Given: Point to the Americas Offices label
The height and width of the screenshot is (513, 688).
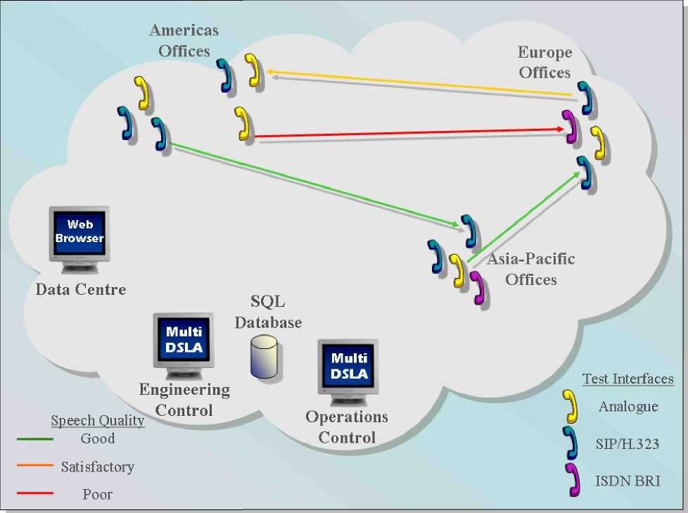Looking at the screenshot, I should click(x=184, y=40).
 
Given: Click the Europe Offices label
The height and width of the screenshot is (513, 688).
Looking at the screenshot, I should click(x=544, y=62).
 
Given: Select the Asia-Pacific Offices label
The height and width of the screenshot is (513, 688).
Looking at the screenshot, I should click(x=531, y=269).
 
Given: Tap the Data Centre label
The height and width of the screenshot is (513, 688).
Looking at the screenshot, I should click(x=81, y=289).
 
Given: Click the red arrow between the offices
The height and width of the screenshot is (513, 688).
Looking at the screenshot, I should click(x=408, y=132).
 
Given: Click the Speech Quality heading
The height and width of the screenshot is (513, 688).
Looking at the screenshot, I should click(x=98, y=421).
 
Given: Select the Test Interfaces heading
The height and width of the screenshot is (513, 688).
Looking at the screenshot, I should click(x=628, y=379).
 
